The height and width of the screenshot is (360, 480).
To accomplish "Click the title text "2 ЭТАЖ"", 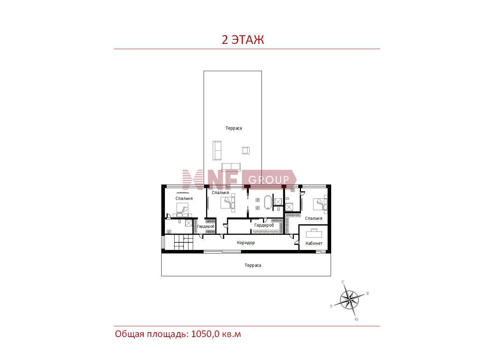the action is tap(243, 40).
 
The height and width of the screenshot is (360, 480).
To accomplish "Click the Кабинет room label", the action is tap(314, 243).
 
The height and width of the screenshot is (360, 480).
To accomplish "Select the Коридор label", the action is tap(246, 243).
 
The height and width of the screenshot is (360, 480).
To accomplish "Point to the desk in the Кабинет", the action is tap(314, 233).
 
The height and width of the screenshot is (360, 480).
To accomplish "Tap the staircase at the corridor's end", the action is tap(184, 242).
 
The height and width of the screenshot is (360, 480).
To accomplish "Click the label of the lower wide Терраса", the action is tap(253, 265).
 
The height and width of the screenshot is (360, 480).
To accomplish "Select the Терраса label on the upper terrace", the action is tap(233, 128).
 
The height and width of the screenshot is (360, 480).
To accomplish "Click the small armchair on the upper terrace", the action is tap(246, 151).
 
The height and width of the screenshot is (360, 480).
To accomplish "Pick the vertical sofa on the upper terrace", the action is tap(217, 151).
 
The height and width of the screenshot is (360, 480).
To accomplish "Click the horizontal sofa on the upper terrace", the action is tap(231, 167).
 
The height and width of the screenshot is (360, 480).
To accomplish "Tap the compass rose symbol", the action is tap(349, 300).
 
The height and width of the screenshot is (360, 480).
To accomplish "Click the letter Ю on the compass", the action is tap(356, 319).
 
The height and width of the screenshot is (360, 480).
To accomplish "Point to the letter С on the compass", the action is tap(343, 282).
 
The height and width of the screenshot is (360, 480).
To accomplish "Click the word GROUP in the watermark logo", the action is tap(268, 180).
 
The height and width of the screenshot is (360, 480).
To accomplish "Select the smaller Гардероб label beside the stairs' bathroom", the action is tap(206, 226).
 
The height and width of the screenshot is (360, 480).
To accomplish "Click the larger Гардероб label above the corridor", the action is tap(264, 225).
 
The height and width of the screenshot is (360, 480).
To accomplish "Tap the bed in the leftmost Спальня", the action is tap(182, 208).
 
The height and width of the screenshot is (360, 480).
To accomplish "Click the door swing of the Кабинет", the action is tap(297, 243).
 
